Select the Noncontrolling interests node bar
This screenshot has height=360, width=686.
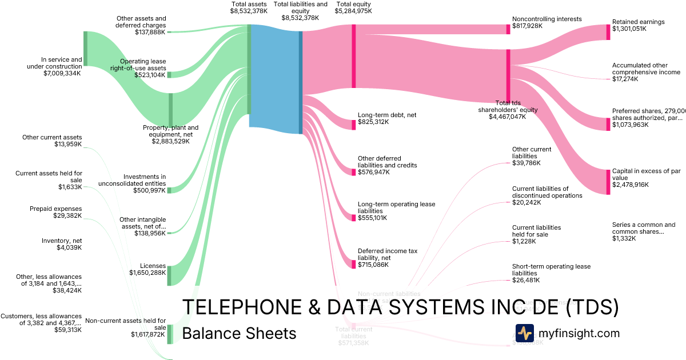(x=508, y=29)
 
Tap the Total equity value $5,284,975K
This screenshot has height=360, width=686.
(x=354, y=11)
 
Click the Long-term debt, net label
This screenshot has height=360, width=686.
(x=386, y=115)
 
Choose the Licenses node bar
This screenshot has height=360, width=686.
(x=169, y=275)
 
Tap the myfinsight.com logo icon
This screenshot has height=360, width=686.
(x=524, y=333)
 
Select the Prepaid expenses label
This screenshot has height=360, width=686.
(x=55, y=209)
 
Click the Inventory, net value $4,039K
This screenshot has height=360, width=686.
(x=66, y=248)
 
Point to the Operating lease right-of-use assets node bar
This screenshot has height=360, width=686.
(x=169, y=75)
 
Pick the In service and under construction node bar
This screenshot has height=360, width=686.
(x=86, y=56)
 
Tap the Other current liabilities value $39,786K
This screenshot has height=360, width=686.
(x=526, y=163)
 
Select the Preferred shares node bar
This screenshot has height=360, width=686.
(x=608, y=124)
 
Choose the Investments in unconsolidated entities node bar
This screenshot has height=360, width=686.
(x=169, y=190)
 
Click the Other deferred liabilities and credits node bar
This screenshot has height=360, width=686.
(x=354, y=171)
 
